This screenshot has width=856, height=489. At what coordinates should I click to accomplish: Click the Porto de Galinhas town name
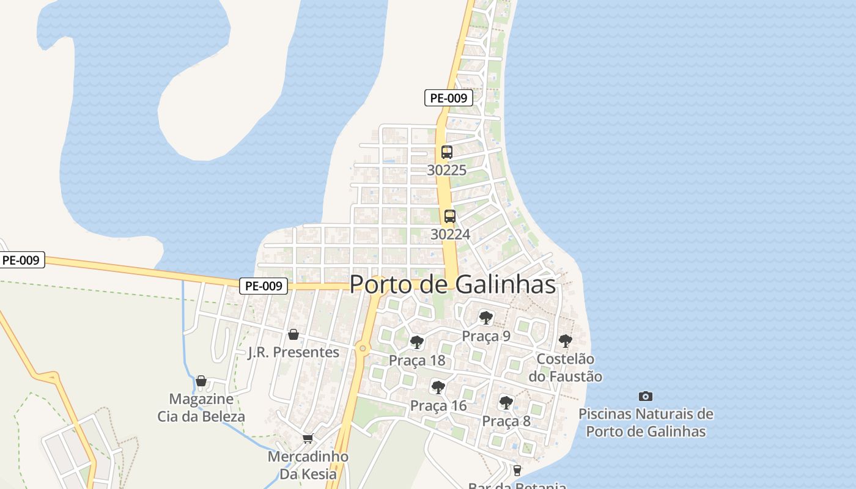(x=452, y=285)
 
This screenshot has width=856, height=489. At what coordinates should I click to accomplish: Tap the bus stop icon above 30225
(x=447, y=152)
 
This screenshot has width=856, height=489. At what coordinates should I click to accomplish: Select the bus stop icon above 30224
(x=450, y=216)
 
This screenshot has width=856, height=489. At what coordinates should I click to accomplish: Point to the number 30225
(x=446, y=171)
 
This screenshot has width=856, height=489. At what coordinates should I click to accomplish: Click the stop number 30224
(x=450, y=234)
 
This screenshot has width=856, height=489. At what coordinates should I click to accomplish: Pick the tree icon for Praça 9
(x=486, y=317)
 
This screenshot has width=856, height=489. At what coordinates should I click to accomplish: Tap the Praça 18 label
(x=417, y=361)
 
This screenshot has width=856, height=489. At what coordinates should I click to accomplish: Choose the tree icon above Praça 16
(x=438, y=387)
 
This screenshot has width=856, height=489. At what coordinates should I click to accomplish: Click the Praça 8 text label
(x=506, y=421)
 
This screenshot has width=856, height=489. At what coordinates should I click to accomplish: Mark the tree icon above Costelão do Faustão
(x=566, y=340)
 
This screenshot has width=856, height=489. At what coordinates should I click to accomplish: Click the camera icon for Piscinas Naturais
(x=645, y=396)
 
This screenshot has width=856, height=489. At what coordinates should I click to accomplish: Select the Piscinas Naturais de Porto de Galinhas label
(x=646, y=422)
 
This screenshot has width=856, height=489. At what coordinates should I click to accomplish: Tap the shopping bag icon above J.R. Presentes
(x=293, y=334)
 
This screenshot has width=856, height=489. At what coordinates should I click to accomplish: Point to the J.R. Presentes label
(x=293, y=353)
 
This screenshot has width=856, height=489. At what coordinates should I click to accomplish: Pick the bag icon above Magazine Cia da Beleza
(x=201, y=381)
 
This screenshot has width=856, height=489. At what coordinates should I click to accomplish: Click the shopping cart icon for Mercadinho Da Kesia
(x=308, y=439)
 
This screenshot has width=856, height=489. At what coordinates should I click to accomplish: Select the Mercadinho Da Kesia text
(x=308, y=465)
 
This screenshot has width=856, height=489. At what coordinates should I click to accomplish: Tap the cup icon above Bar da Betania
(x=517, y=470)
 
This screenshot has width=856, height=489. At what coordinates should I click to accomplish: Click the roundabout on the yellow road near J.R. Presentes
(x=363, y=348)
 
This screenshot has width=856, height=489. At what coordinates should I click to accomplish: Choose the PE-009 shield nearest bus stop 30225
(x=449, y=98)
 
